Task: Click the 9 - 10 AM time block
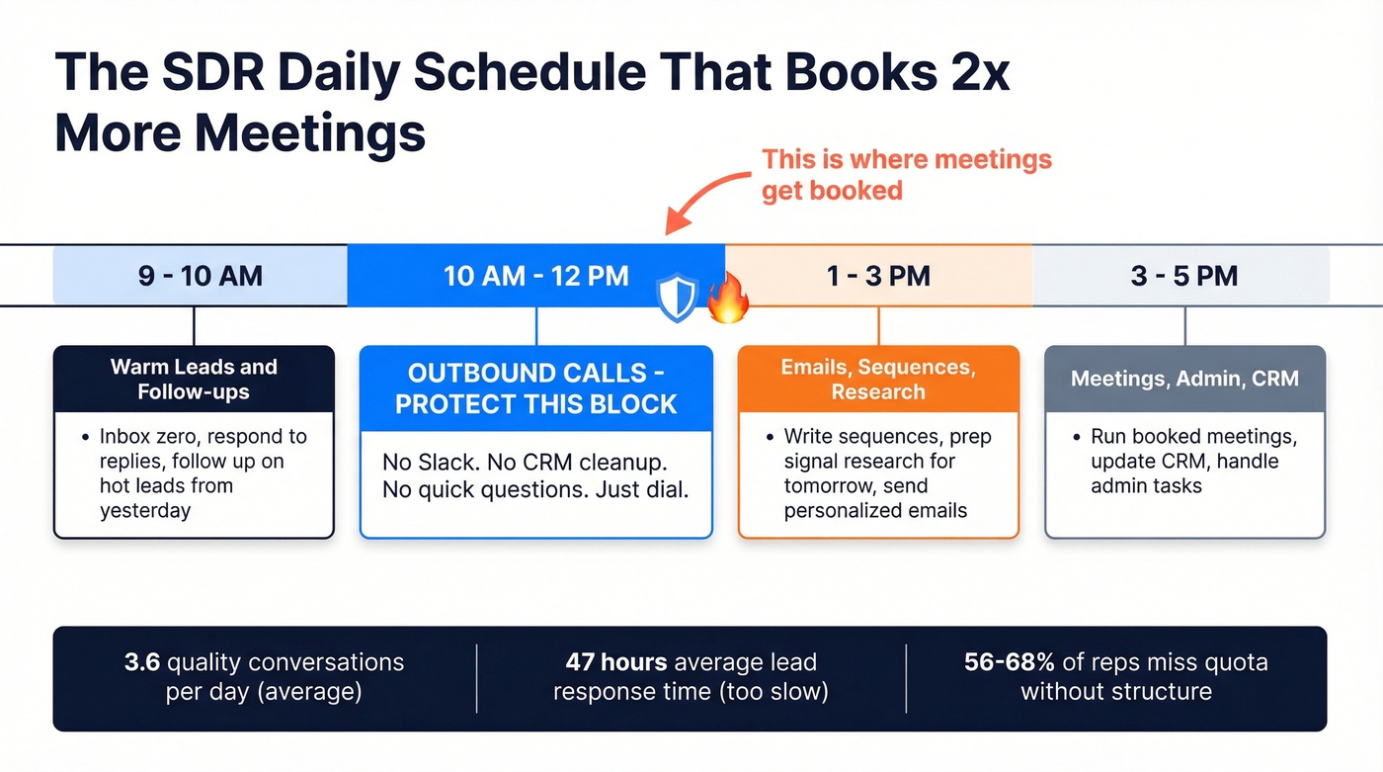coord(201,275)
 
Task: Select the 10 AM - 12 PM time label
coord(536,275)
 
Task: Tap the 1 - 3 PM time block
coord(878,275)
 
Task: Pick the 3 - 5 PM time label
coord(1183,275)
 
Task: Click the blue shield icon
coord(678,298)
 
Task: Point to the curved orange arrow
coord(703,198)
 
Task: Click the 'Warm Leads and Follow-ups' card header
coord(194,379)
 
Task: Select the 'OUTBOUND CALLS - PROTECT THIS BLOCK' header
coord(536,388)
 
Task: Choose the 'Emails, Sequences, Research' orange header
coord(878,380)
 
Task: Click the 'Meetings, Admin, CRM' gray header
coord(1184,379)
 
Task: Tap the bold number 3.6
coord(143,662)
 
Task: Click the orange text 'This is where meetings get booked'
coord(906,174)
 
